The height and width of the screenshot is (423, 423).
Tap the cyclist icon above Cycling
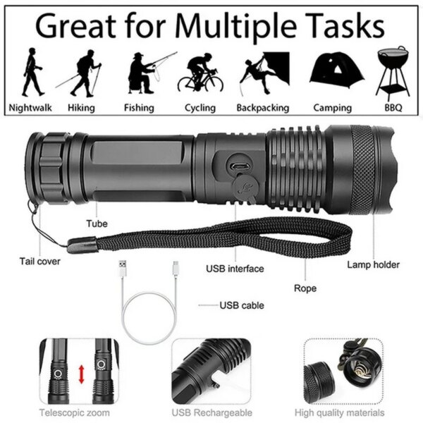(x=200, y=73)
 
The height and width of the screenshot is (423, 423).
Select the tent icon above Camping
(x=333, y=70)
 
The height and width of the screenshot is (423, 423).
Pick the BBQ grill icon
(x=392, y=70)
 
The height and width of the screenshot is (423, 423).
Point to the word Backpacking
(x=263, y=108)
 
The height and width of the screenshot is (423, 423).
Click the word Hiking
(x=81, y=108)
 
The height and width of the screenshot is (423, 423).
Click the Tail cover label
(x=40, y=261)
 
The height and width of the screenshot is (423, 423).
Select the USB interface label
(x=235, y=269)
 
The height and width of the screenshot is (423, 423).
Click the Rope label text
(x=305, y=288)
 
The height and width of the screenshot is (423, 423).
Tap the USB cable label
(x=242, y=305)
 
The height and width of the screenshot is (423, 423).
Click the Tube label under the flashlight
(x=97, y=223)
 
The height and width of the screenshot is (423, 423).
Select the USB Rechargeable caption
(x=212, y=412)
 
